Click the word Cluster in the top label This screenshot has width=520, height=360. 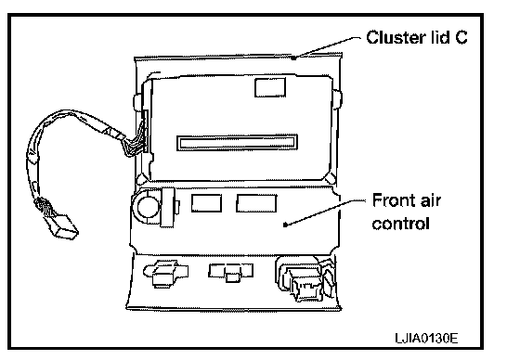pos(396,37)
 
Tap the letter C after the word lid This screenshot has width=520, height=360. pos(461,37)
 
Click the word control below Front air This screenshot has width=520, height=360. pos(400,223)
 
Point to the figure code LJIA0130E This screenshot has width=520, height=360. pos(426,338)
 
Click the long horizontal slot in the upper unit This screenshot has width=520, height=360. pos(237,143)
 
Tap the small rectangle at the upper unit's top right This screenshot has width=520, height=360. pos(270,87)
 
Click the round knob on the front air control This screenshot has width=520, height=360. pos(148,207)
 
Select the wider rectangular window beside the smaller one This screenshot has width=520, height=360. pos(256,203)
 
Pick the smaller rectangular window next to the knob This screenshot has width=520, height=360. pos(206,203)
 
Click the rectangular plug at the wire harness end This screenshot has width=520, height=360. pos(64,226)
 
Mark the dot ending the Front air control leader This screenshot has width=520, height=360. pos(285,225)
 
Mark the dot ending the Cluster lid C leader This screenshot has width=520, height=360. pos(293,58)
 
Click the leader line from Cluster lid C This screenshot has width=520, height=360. pos(327,47)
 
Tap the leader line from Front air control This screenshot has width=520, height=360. pos(325,212)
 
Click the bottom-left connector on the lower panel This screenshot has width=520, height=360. pos(165,273)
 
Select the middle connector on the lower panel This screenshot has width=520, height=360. pos(231,272)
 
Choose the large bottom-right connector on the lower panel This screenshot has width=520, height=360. pos(305,278)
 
